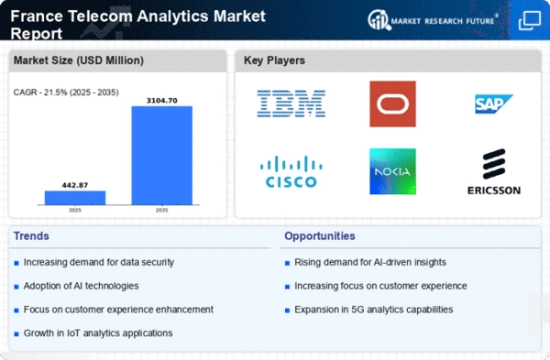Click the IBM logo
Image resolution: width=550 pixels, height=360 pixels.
[x=291, y=104]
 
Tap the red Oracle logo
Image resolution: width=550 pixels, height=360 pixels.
[x=393, y=104]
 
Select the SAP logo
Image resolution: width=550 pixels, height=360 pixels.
[x=494, y=104]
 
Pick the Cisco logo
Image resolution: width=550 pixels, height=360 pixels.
[x=291, y=171]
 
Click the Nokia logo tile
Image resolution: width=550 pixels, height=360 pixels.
[x=393, y=171]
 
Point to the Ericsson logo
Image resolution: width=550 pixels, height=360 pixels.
[x=494, y=171]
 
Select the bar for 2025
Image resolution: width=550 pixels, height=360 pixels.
[x=75, y=198]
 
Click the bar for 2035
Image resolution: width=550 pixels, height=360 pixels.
[x=162, y=156]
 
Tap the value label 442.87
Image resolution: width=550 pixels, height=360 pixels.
[x=75, y=185]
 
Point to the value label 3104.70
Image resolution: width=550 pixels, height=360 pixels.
[x=162, y=101]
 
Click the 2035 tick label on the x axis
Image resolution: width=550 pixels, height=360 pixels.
[x=162, y=210]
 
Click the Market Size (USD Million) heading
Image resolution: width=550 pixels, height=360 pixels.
[x=79, y=60]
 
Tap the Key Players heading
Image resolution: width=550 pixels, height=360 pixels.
[x=274, y=60]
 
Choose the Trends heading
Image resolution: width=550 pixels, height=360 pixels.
[x=31, y=236]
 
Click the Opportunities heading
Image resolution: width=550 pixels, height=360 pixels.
[x=320, y=236]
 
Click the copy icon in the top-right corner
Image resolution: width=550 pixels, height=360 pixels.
[x=530, y=20]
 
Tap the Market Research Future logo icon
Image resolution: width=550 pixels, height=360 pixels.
[x=378, y=20]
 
